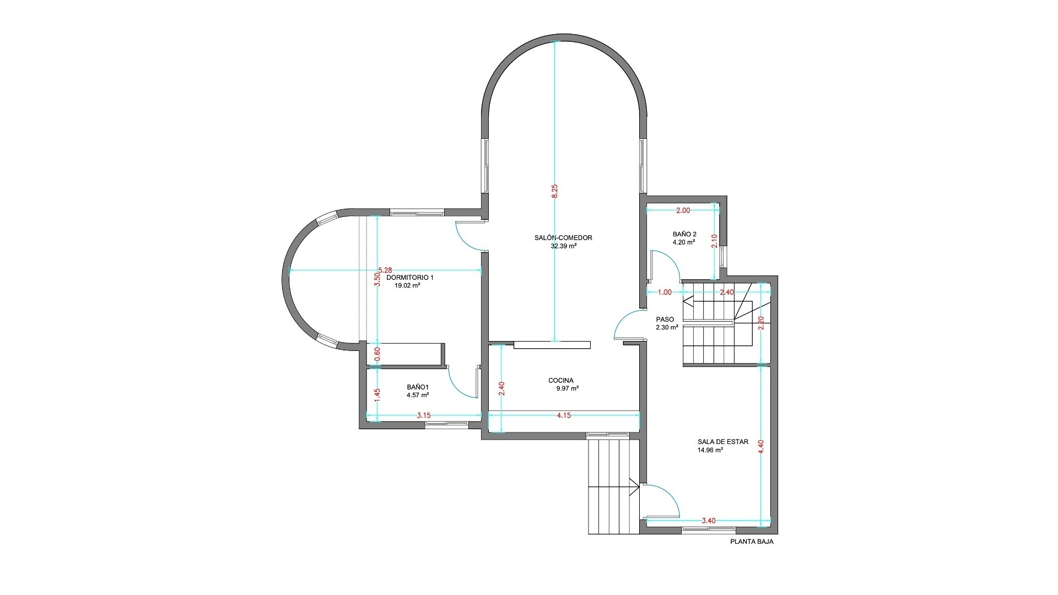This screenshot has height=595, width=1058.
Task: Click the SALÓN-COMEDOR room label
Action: (x=563, y=238)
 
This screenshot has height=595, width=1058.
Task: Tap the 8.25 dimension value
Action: (x=555, y=191)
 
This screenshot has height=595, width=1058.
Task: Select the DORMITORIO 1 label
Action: (x=410, y=278)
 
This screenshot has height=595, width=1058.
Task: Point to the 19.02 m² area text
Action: (x=407, y=286)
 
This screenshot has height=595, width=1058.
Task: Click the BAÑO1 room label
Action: (x=418, y=387)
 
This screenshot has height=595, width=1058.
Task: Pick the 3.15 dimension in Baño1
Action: (x=424, y=415)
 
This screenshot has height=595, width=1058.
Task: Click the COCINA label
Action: (x=561, y=380)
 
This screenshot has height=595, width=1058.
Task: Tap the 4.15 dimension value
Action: (x=564, y=415)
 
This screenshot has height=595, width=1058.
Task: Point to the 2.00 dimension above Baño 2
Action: (x=683, y=210)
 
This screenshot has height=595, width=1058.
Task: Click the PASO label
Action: (x=665, y=320)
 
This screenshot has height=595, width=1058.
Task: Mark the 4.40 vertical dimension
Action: (x=761, y=446)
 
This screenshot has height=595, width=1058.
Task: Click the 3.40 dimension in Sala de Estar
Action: (x=709, y=521)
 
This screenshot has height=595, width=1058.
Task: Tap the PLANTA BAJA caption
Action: (x=752, y=542)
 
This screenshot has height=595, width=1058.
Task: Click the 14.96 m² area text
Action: (x=710, y=450)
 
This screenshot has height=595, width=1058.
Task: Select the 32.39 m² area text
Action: (x=564, y=246)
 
